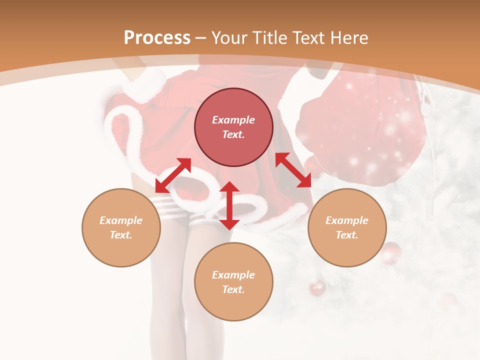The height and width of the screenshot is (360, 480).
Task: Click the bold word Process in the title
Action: (157, 38)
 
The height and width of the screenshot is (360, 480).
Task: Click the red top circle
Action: (233, 127)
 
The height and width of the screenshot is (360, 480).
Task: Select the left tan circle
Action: (121, 227)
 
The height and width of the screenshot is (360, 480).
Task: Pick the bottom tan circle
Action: (233, 281)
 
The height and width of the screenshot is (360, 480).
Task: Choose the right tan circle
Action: (347, 227)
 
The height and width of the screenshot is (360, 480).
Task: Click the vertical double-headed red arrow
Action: (229, 205)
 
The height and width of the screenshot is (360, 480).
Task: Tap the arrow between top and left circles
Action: (173, 175)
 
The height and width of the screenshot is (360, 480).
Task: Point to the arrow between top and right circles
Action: (293, 170)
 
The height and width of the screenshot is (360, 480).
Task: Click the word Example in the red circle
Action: (233, 120)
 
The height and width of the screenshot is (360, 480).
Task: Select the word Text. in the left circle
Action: (121, 235)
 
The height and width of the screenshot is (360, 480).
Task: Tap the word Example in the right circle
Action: (347, 220)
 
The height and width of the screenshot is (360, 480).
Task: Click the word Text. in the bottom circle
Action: (233, 289)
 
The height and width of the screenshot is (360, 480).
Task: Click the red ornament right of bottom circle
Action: (317, 288)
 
